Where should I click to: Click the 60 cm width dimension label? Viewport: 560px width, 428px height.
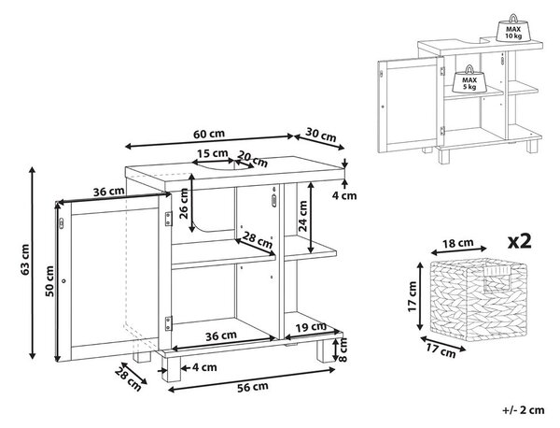tap(209, 134)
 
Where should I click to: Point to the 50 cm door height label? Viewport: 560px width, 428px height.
tap(49, 281)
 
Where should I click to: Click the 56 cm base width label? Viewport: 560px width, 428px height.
tap(253, 387)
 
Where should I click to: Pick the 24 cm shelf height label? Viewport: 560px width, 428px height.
tap(302, 216)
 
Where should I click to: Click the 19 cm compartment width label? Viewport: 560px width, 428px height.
tap(311, 327)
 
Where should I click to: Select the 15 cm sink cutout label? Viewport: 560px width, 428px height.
tap(213, 154)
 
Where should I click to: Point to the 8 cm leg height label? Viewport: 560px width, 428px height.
tap(343, 350)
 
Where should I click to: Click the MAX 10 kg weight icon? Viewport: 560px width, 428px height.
tap(513, 29)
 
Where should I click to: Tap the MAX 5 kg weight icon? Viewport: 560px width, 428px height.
tap(469, 79)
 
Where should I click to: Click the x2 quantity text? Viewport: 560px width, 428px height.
tap(520, 242)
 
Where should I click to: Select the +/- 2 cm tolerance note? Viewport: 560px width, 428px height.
tap(524, 410)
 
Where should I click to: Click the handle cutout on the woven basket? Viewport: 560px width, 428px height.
tap(497, 278)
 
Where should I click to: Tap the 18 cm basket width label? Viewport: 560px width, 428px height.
tap(458, 244)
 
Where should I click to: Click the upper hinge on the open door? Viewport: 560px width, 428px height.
tap(168, 219)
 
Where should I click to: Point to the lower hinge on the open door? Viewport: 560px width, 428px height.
tap(168, 323)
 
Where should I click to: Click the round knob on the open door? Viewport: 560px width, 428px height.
tap(63, 281)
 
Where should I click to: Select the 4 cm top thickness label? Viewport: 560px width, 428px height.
tap(344, 196)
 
